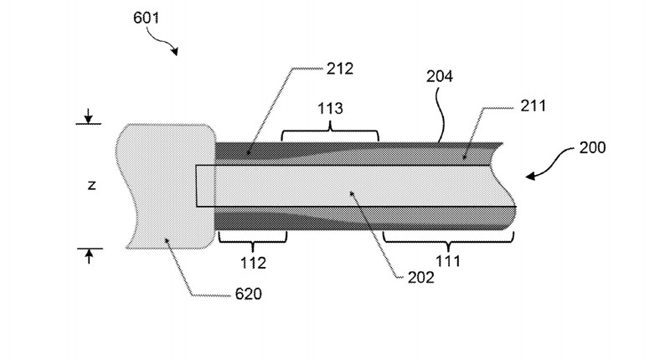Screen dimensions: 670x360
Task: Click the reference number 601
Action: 146,18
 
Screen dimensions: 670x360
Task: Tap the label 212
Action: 340,69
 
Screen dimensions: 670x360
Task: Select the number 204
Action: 439,76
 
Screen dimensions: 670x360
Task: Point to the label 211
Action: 533,106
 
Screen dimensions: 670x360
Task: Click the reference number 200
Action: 593,147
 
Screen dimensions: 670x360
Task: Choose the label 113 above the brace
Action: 330,109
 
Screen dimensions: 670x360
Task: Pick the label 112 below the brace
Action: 253,263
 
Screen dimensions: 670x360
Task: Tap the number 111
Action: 448,261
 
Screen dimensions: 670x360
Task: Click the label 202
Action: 421,278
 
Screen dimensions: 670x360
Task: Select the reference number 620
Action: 249,294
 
